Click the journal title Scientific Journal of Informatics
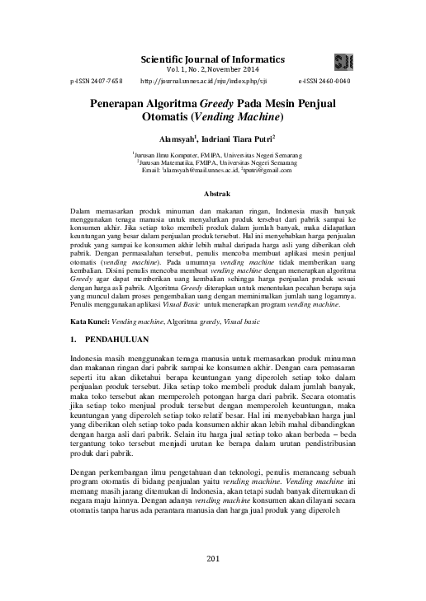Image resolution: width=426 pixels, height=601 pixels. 213,59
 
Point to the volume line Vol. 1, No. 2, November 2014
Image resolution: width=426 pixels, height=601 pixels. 213,71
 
